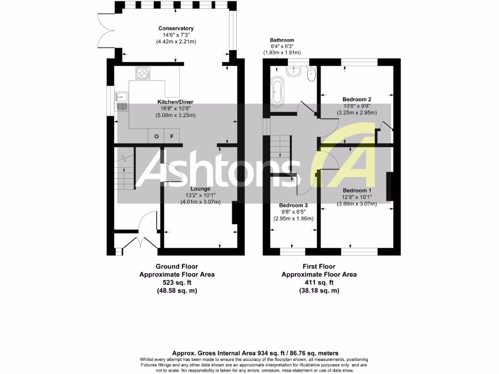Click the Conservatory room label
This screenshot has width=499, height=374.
(x=176, y=28)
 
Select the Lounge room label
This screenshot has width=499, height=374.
(x=201, y=188)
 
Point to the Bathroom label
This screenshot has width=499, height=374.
(x=282, y=40)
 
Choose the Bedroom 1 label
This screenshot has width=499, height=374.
(x=357, y=190)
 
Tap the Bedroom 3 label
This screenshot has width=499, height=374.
(x=293, y=206)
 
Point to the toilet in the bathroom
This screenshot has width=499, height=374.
(x=311, y=74)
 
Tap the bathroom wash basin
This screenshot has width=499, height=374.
(x=294, y=72)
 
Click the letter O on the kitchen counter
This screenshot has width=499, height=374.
(x=156, y=136)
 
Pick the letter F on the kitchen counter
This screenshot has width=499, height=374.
(x=172, y=136)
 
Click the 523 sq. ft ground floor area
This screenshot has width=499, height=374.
(x=177, y=282)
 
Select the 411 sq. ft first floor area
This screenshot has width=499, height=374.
(x=319, y=282)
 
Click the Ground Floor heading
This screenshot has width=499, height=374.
(x=177, y=266)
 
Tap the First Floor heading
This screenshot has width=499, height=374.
(x=319, y=266)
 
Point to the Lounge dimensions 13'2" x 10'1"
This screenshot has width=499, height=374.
(x=201, y=195)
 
